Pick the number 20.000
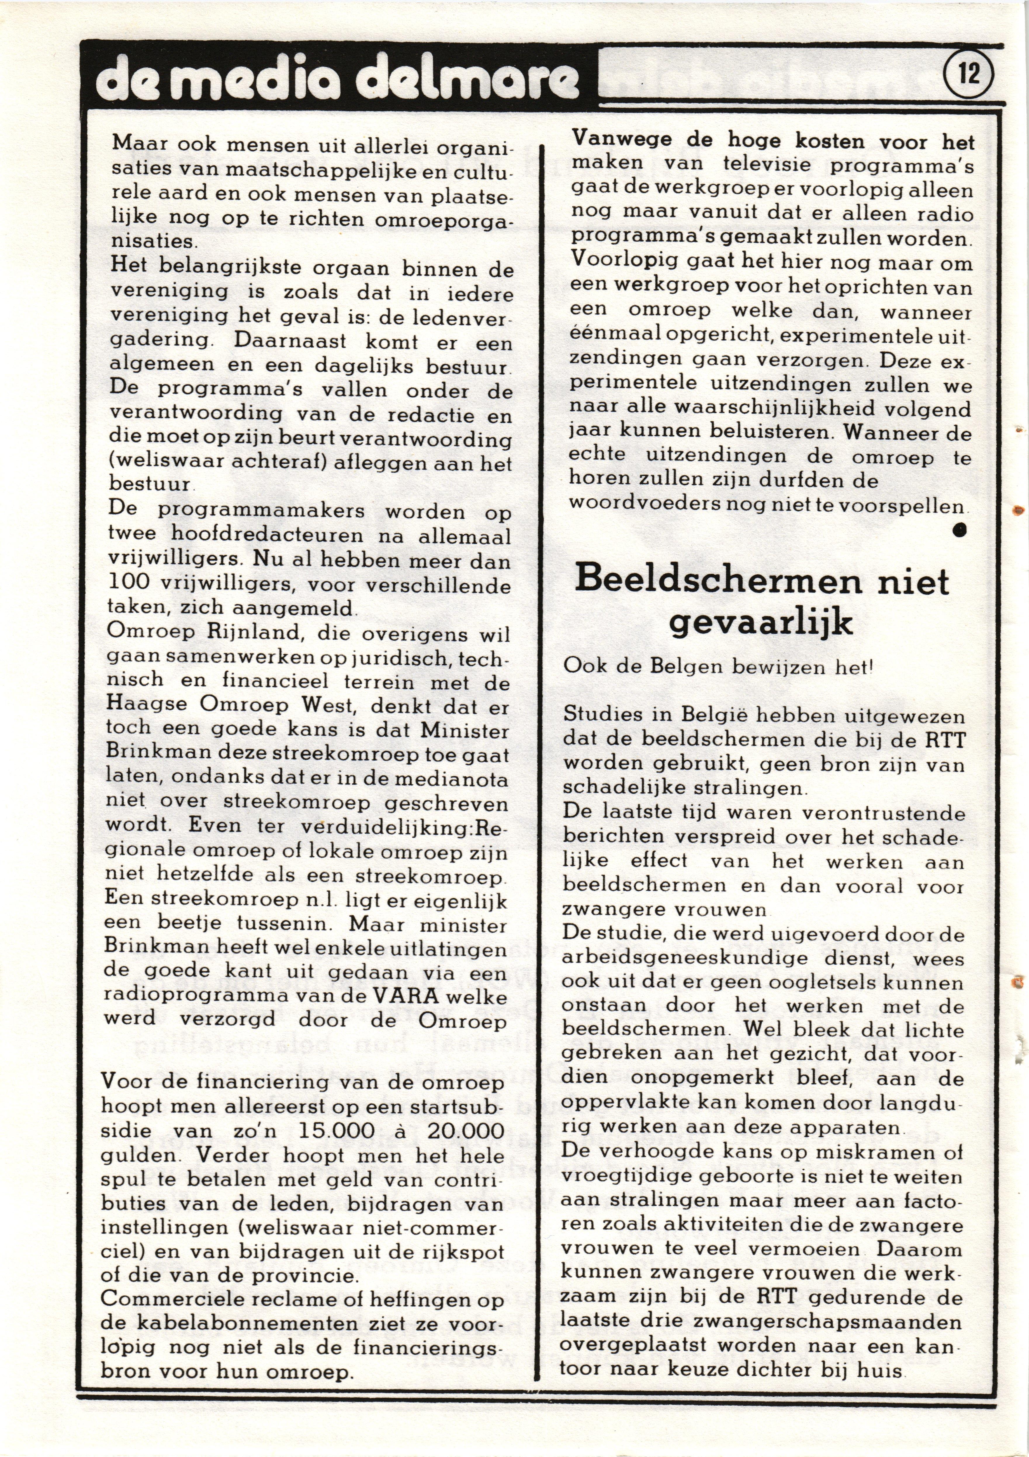tap(466, 1131)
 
